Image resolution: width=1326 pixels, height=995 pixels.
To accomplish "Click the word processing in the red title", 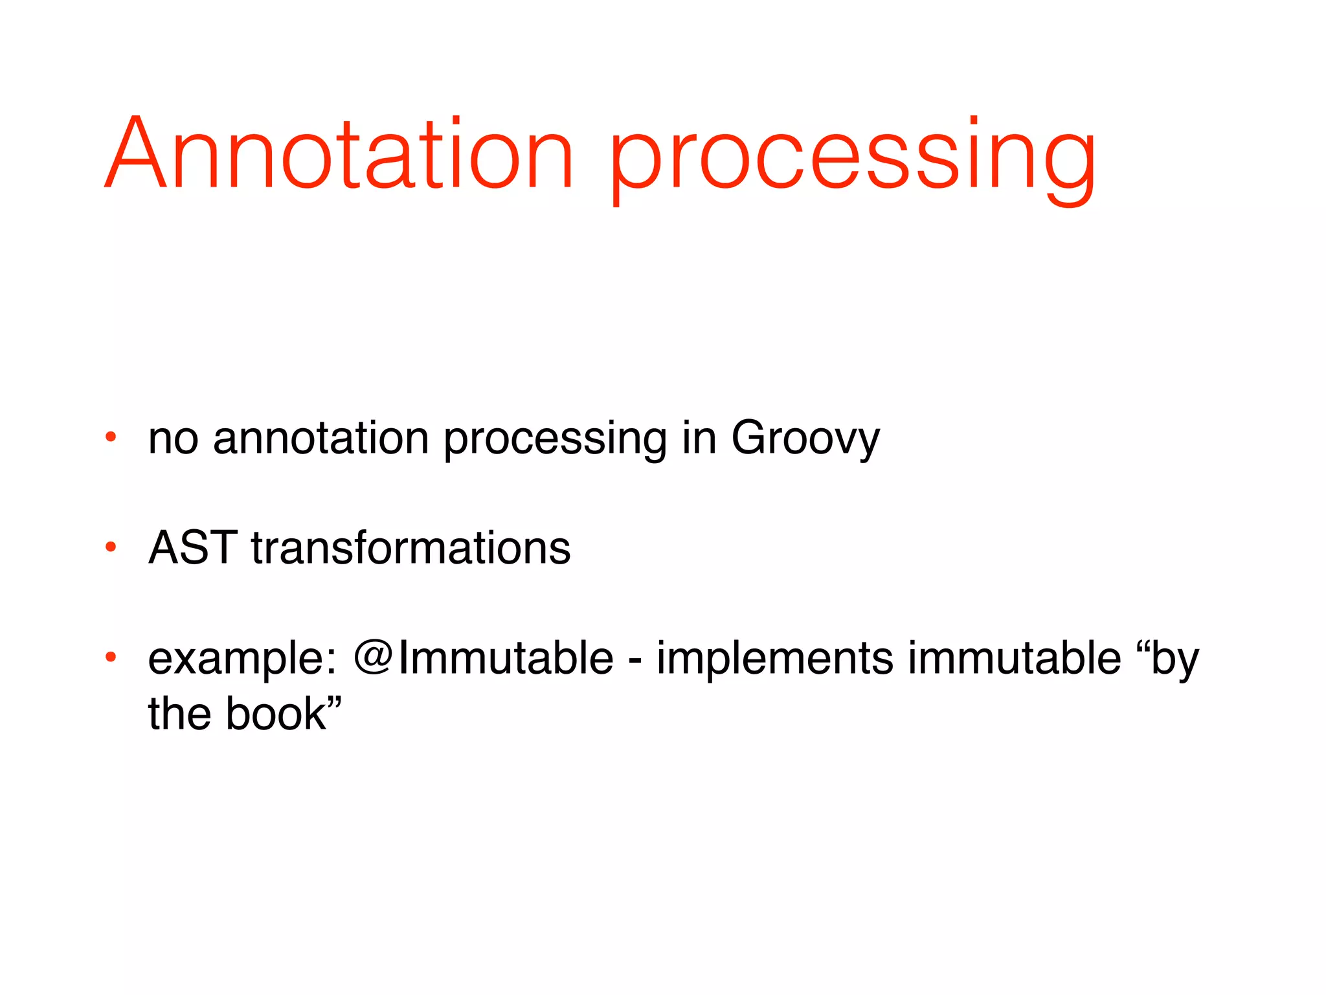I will coord(851,159).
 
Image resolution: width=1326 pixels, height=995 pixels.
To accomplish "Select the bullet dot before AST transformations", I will coord(111,547).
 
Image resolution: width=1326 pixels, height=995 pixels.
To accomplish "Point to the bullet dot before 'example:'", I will coord(111,658).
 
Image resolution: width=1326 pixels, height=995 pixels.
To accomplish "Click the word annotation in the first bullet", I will coord(320,439).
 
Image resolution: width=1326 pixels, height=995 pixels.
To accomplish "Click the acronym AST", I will coord(192,548).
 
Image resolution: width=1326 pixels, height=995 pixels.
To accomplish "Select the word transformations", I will coord(410,548).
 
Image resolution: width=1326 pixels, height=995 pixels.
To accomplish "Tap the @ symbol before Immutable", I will coord(372,658).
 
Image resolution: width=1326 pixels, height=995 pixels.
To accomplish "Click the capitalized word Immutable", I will coord(505,658).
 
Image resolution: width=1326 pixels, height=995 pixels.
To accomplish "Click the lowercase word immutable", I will coord(1014,658).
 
